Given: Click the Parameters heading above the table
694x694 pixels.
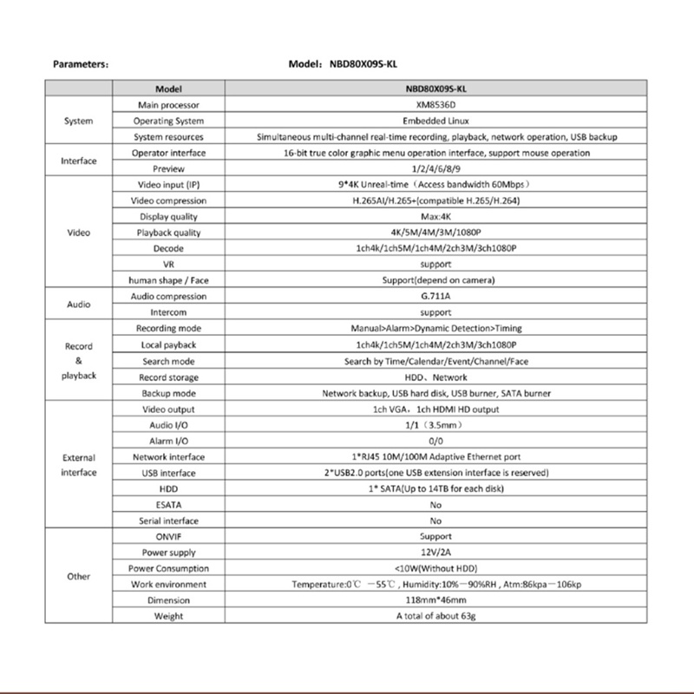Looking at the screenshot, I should pyautogui.click(x=80, y=64).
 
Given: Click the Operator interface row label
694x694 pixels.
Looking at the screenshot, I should pyautogui.click(x=168, y=153).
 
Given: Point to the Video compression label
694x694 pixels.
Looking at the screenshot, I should pyautogui.click(x=168, y=200).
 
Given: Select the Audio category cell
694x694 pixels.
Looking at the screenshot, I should pyautogui.click(x=78, y=304).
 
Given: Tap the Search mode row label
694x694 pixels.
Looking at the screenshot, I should pyautogui.click(x=168, y=361).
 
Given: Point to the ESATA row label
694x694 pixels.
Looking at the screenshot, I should pyautogui.click(x=168, y=505).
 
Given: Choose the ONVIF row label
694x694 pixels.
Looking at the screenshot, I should pyautogui.click(x=168, y=537).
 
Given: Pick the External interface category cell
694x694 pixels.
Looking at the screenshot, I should pyautogui.click(x=78, y=465).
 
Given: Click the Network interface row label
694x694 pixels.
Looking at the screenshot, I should pyautogui.click(x=168, y=457).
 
